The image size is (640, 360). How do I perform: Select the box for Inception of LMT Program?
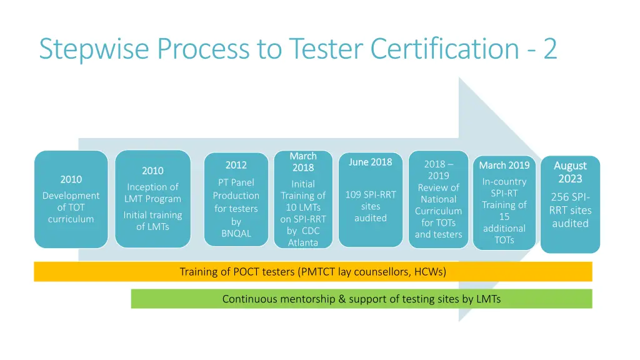(x=152, y=199)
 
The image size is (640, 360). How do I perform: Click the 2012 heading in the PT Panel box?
(x=236, y=165)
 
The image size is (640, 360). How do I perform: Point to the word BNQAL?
(x=236, y=233)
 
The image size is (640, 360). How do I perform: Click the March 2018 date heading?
(x=303, y=161)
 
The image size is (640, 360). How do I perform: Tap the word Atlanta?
(x=303, y=242)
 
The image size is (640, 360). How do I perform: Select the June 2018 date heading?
(x=371, y=162)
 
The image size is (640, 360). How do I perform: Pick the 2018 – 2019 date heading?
(x=438, y=170)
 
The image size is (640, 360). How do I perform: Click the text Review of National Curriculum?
(x=438, y=199)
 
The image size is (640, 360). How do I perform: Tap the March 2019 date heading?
(x=504, y=165)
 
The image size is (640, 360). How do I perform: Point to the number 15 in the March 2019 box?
(x=504, y=216)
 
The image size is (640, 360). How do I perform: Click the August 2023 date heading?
(x=570, y=172)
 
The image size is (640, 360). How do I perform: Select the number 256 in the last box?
(x=560, y=197)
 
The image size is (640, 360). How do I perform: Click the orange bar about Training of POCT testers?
(x=312, y=271)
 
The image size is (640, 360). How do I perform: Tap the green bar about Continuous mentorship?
(x=361, y=299)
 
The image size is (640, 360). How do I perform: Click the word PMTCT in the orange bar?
(x=316, y=271)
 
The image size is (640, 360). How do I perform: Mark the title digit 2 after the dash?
(x=549, y=49)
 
